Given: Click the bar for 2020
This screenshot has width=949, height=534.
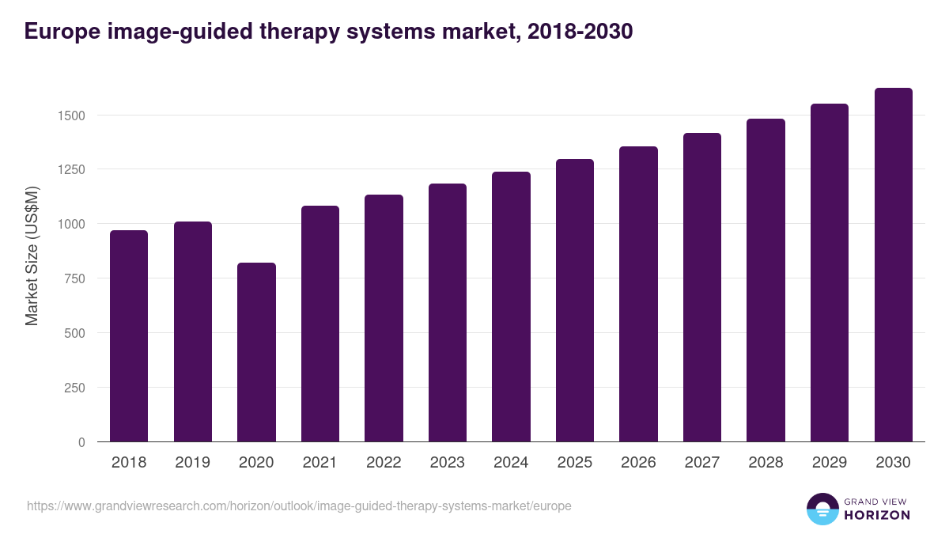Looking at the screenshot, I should (x=256, y=352).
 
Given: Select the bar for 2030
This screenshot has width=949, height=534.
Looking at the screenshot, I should (x=893, y=265).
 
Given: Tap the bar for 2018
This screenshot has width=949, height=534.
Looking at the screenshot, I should (x=129, y=336).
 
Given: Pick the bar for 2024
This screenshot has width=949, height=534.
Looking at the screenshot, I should (x=511, y=307).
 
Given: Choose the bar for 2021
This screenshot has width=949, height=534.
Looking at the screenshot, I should (x=320, y=324).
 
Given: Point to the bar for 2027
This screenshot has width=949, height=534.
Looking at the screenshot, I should (x=702, y=287).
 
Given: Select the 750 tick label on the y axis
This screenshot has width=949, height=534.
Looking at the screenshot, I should (x=73, y=278).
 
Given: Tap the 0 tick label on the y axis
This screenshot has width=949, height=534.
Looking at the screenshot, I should (x=81, y=442).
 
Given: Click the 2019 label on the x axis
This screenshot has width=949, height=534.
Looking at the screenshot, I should (x=193, y=463).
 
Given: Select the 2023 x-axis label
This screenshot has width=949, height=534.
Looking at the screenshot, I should (x=448, y=463).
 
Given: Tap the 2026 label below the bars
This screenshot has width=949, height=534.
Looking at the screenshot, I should (x=638, y=463).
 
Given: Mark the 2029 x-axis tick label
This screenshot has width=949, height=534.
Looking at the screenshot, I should (x=830, y=463).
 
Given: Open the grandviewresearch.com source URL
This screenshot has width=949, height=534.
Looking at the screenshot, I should (x=299, y=506).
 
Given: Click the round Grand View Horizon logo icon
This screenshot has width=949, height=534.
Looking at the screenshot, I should (x=822, y=509).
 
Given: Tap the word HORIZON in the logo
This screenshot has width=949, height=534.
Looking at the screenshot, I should (x=876, y=515).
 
